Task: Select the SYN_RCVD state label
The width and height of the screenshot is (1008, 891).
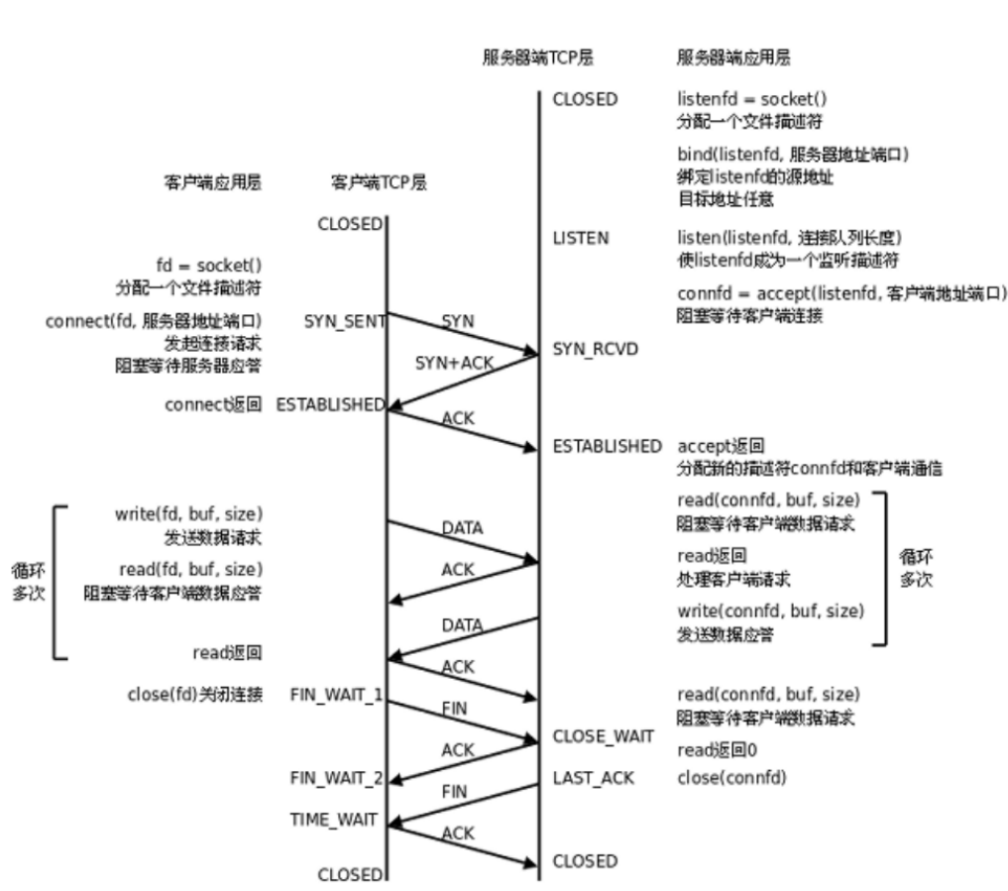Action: pyautogui.click(x=595, y=350)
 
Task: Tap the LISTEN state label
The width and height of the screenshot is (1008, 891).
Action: pyautogui.click(x=581, y=238)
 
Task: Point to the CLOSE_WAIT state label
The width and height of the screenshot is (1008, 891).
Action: pyautogui.click(x=603, y=735)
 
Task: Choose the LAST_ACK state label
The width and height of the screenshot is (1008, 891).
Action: pyautogui.click(x=593, y=778)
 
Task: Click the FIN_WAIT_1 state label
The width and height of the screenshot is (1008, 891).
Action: pyautogui.click(x=336, y=694)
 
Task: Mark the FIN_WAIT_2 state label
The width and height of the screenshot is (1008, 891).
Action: pyautogui.click(x=336, y=778)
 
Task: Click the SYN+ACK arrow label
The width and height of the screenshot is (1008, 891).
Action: pyautogui.click(x=454, y=363)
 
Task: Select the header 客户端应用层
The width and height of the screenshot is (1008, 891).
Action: pyautogui.click(x=212, y=183)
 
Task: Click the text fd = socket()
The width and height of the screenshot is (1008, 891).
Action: pyautogui.click(x=209, y=267)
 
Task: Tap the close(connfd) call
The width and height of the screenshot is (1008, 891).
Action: pyautogui.click(x=732, y=778)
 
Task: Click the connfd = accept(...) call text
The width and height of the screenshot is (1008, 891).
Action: pyautogui.click(x=841, y=293)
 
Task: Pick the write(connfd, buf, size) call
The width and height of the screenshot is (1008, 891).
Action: pyautogui.click(x=770, y=611)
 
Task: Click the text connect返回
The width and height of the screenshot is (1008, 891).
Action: pyautogui.click(x=213, y=404)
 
